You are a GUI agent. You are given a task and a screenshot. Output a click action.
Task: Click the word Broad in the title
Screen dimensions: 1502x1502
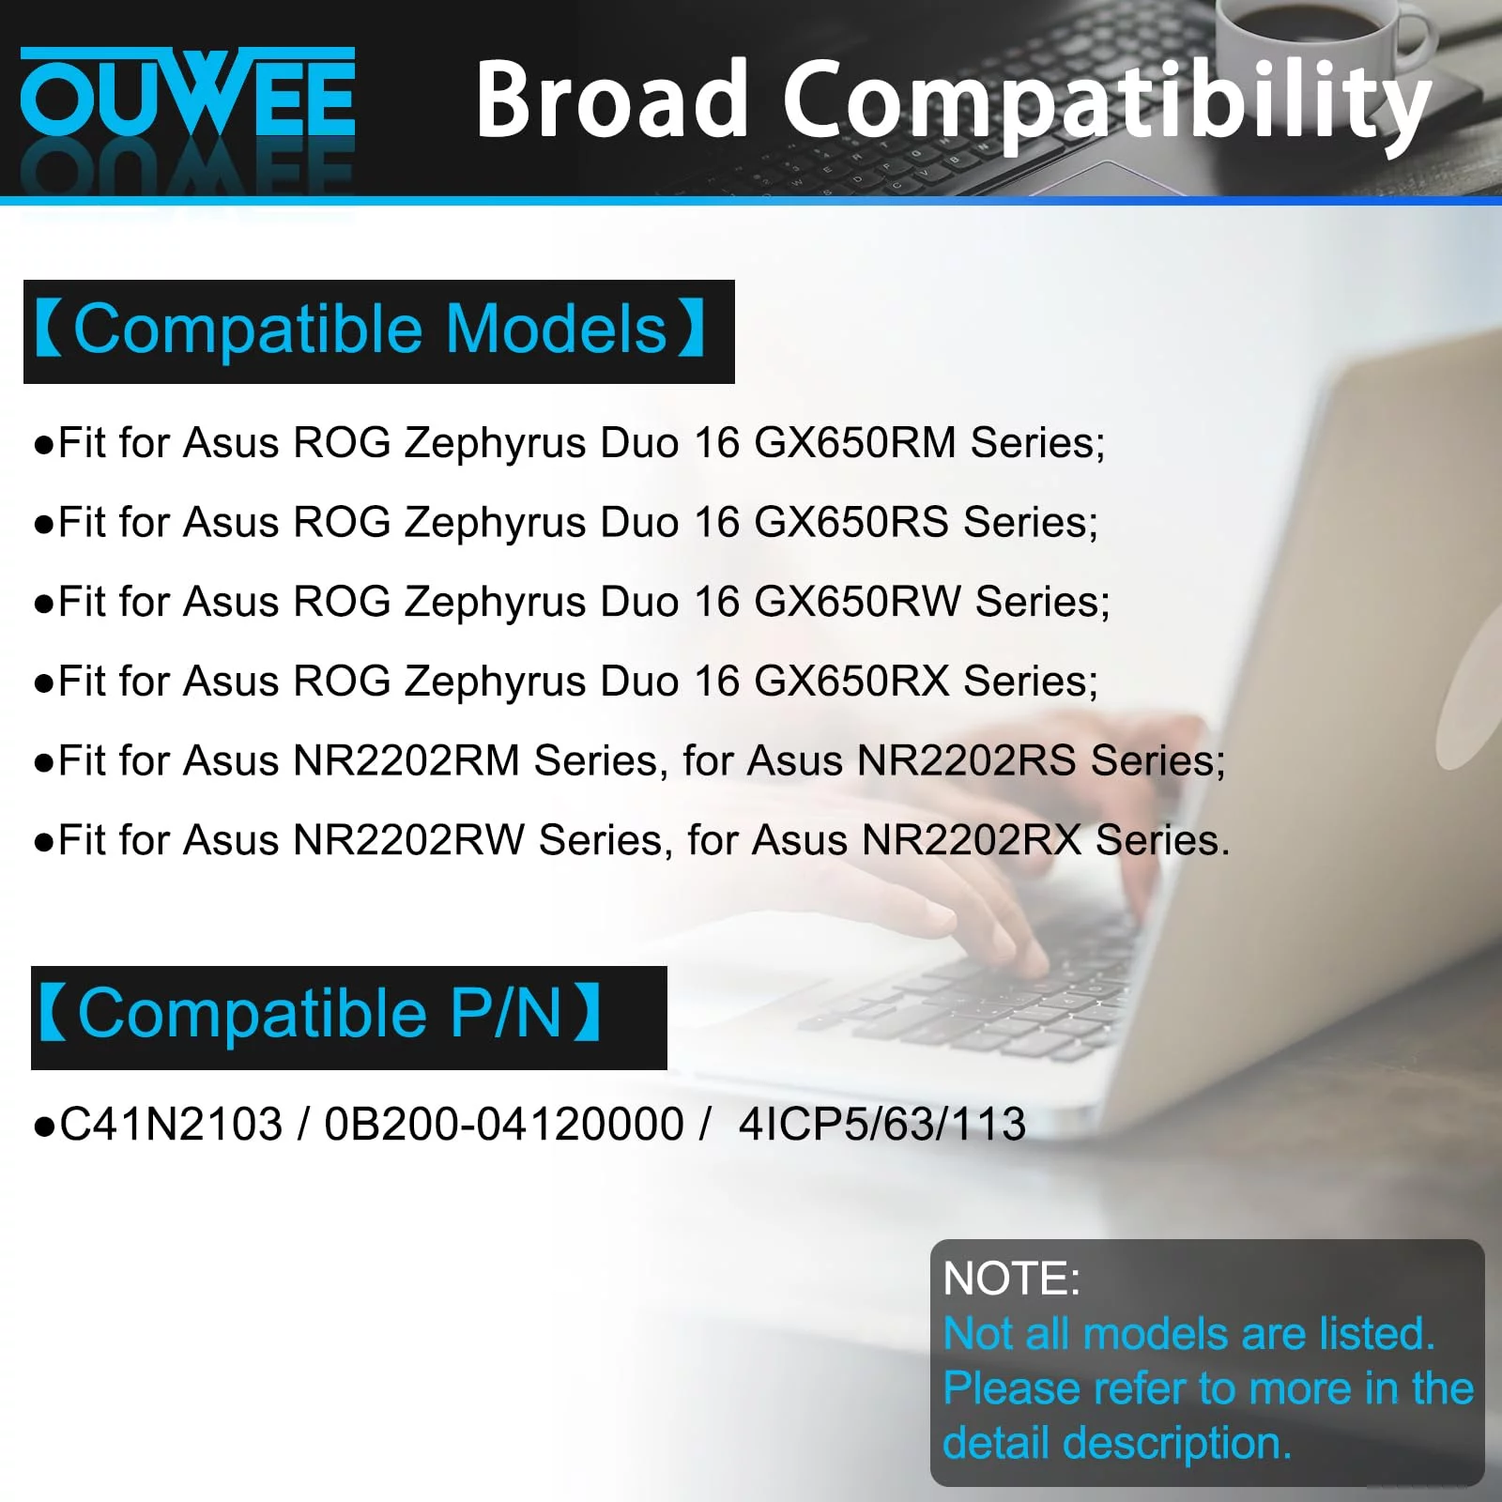pos(611,99)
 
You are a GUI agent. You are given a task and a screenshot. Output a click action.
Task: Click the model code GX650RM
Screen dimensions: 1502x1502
pos(855,442)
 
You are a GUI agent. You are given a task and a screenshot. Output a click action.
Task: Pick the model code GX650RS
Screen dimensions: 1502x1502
pos(851,522)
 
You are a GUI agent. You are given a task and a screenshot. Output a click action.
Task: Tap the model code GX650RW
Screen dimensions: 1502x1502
pos(857,602)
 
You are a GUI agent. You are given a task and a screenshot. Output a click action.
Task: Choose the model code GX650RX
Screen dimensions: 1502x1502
pos(851,682)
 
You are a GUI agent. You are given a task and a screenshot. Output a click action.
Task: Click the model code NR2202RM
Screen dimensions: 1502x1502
pos(406,760)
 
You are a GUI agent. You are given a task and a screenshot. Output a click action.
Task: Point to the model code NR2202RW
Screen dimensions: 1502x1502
pos(409,840)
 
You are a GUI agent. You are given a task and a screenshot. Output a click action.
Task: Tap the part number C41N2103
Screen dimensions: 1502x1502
pos(171,1125)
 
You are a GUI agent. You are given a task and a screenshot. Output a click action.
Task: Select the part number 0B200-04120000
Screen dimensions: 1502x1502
pos(504,1125)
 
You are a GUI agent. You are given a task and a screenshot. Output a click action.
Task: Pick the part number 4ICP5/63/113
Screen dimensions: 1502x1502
pos(882,1125)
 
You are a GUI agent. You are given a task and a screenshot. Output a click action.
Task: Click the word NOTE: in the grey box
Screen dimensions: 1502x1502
pos(1011,1279)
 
